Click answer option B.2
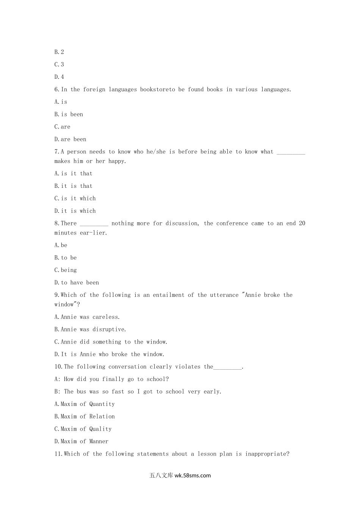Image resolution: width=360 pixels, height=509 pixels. [x=59, y=52]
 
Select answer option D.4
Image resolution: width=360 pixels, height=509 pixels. [x=59, y=77]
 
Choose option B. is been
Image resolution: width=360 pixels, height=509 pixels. [x=69, y=114]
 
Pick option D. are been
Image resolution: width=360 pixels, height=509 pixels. [x=70, y=139]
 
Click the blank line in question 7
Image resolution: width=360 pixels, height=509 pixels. [x=291, y=152]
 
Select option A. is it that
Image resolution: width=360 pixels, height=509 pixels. [x=73, y=173]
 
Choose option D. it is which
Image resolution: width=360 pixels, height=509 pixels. [x=75, y=211]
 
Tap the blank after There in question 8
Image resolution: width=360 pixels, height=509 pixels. [x=94, y=224]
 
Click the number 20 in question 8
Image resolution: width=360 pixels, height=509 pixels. [x=302, y=223]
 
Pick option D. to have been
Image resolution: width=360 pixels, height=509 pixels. [x=77, y=283]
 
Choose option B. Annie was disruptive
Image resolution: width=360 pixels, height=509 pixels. [x=90, y=329]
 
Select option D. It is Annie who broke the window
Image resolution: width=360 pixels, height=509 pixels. [x=109, y=354]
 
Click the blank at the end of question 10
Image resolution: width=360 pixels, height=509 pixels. [x=227, y=367]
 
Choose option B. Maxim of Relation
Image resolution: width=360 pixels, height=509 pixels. [x=85, y=417]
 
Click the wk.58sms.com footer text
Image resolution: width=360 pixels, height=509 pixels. [x=193, y=476]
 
